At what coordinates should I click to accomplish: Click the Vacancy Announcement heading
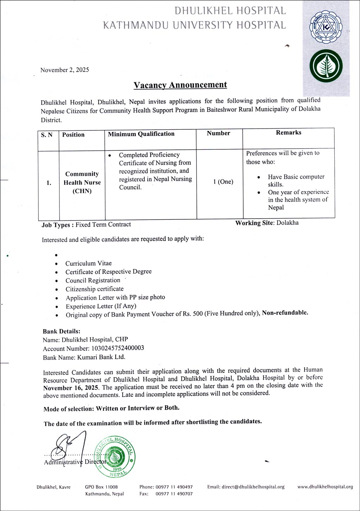tap(180, 85)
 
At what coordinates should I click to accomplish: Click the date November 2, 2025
tap(65, 70)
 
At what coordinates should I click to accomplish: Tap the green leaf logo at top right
tap(326, 66)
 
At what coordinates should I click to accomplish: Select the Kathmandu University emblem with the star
tap(325, 30)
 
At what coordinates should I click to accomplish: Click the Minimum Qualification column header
tap(141, 134)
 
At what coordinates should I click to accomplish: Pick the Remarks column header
tap(288, 132)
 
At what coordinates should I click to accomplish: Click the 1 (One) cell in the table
tap(223, 182)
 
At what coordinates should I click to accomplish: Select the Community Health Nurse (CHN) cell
tap(82, 182)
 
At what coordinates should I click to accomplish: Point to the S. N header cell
tap(47, 135)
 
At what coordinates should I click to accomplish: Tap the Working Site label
tap(254, 223)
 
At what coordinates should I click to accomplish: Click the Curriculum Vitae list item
tap(89, 263)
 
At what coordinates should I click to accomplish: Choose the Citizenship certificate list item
tap(95, 289)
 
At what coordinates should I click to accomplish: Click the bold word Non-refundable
tap(285, 312)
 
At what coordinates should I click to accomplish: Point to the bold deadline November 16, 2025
tap(71, 388)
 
